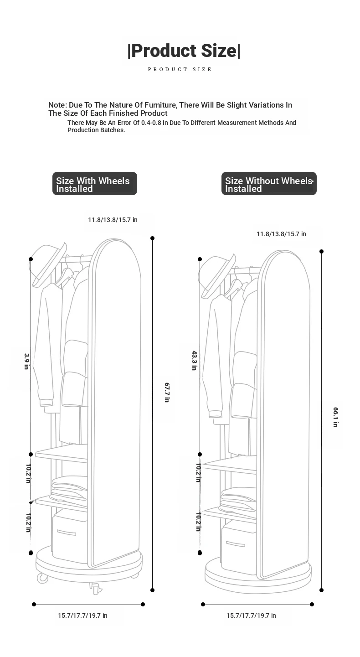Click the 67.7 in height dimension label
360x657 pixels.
tap(167, 393)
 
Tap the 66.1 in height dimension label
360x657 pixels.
tap(336, 417)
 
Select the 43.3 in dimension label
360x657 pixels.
tap(195, 361)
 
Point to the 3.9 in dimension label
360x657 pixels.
tap(27, 362)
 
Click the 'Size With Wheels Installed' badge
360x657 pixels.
tap(95, 184)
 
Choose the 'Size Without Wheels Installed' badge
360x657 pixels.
tap(269, 184)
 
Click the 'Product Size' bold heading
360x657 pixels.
tap(184, 51)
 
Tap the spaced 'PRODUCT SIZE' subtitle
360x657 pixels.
tap(180, 69)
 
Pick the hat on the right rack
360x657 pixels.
tap(217, 276)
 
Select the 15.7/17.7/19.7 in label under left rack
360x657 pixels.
tap(82, 616)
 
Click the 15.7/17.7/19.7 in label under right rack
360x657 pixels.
tap(251, 616)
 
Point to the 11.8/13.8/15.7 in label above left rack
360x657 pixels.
tap(113, 220)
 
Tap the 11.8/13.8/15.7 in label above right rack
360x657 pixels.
tap(282, 234)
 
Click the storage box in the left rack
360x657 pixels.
tap(70, 536)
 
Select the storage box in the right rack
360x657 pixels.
tap(239, 547)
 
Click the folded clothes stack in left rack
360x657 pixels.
tap(69, 488)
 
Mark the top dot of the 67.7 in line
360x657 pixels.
tap(153, 238)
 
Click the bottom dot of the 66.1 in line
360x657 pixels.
tap(322, 590)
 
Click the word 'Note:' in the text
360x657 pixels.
tap(58, 105)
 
